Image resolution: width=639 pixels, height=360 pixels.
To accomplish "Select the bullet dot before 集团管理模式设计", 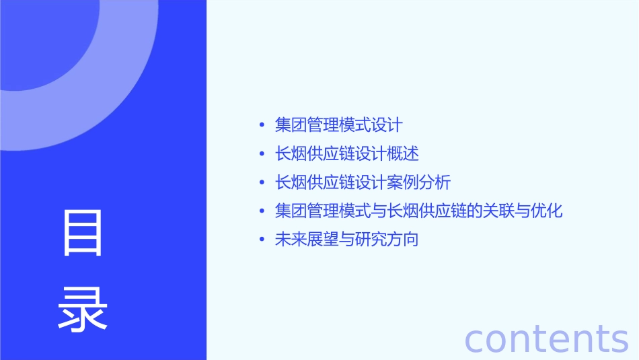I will [x=262, y=125].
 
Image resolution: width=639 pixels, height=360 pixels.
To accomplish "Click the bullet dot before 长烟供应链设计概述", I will [x=262, y=154].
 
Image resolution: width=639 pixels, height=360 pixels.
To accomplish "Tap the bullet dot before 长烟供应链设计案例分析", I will [x=262, y=183].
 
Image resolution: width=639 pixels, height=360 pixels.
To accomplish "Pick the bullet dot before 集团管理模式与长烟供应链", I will [x=262, y=211].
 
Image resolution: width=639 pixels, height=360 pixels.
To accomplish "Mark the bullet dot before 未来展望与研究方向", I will [x=262, y=240].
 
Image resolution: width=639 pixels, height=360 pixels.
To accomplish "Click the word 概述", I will [x=404, y=154].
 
